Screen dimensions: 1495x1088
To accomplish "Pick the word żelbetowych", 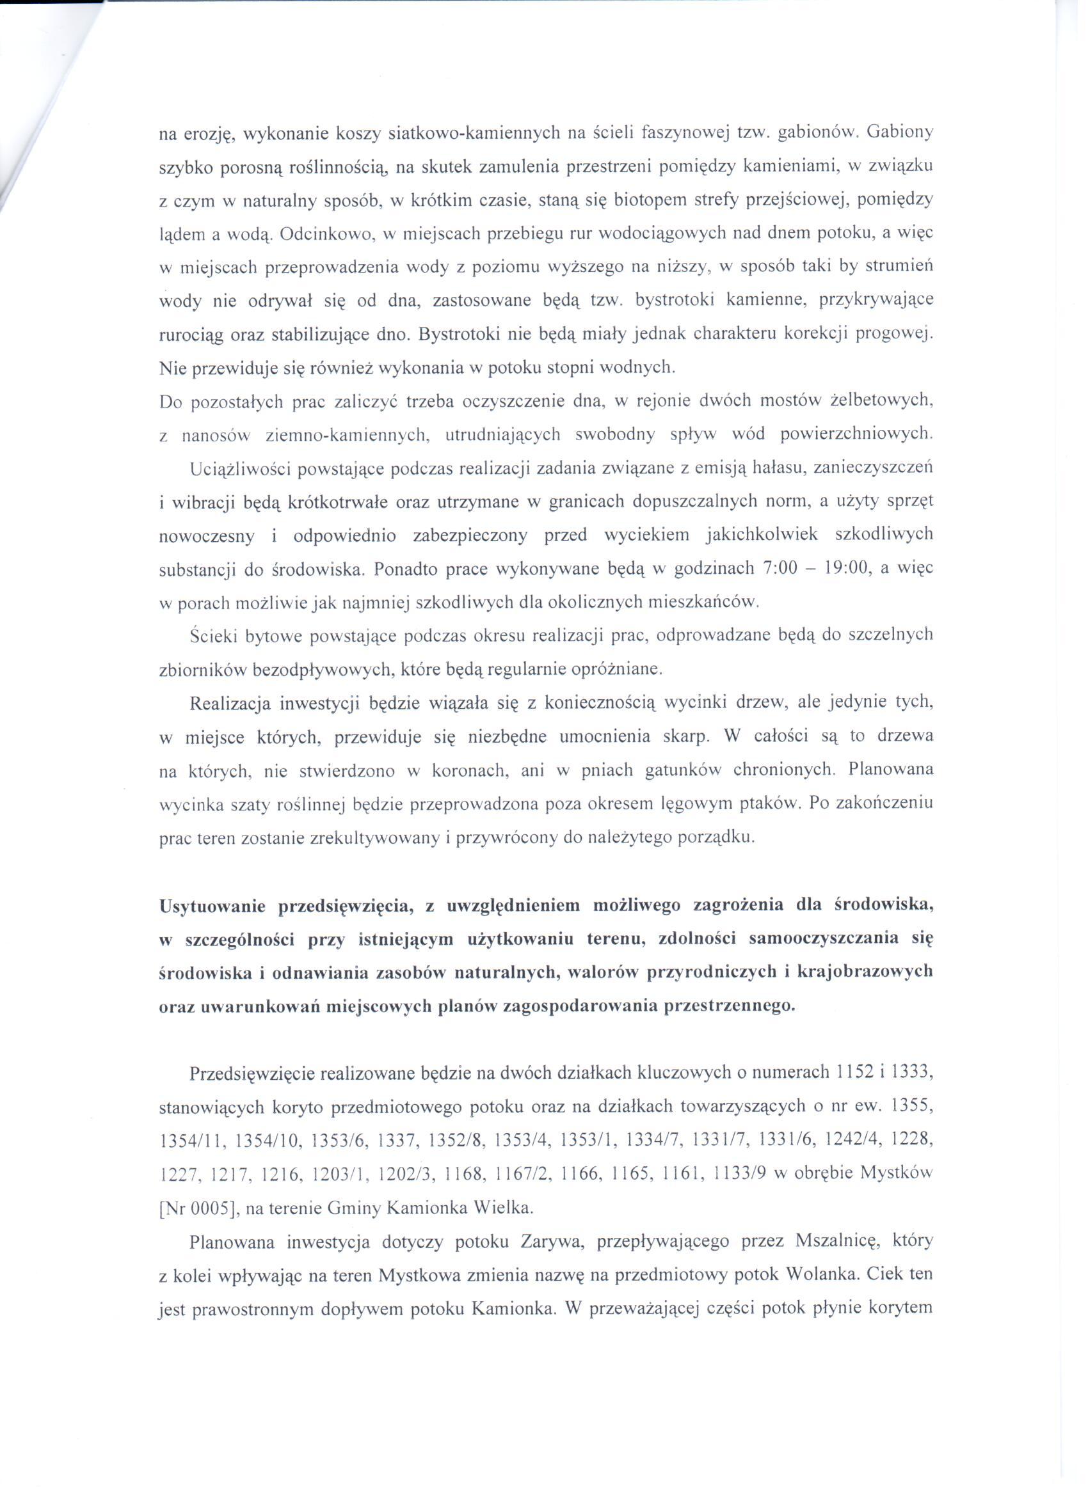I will [884, 402].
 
